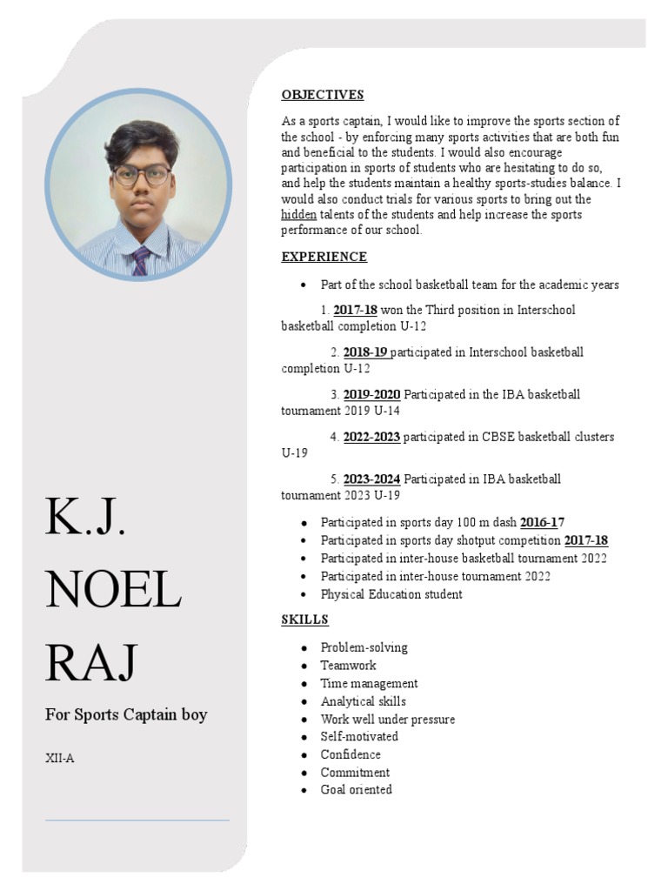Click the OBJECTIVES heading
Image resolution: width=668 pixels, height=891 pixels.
click(322, 95)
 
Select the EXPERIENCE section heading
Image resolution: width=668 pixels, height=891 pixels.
click(324, 257)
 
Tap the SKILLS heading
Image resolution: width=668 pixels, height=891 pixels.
click(304, 620)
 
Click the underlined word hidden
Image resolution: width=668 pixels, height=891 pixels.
click(298, 214)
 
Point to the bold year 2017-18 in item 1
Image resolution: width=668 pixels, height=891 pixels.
click(355, 310)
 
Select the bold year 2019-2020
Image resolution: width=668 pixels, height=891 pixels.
click(371, 394)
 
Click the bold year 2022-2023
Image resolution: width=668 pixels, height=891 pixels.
click(371, 437)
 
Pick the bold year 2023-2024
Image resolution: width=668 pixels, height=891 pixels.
click(371, 479)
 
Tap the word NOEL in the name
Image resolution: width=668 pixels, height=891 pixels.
click(113, 592)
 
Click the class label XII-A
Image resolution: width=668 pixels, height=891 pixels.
click(60, 758)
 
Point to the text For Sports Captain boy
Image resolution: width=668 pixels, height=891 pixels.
click(126, 715)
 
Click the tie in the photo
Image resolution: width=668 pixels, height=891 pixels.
click(140, 260)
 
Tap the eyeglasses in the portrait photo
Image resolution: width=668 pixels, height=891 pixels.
click(141, 176)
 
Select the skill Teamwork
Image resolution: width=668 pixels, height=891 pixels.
click(348, 666)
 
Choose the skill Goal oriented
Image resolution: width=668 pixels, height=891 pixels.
click(356, 790)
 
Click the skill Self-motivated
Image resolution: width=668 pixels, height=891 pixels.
click(359, 737)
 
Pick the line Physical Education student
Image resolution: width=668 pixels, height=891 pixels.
click(391, 594)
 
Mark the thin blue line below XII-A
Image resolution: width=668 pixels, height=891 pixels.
click(137, 820)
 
